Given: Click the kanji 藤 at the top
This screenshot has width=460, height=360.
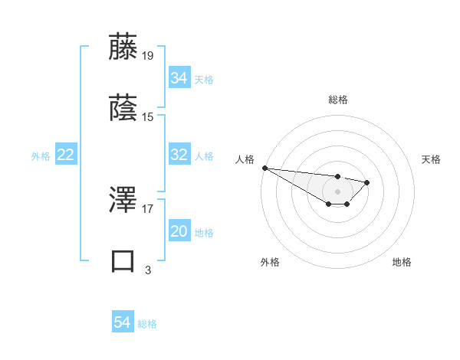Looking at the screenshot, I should coord(124,47).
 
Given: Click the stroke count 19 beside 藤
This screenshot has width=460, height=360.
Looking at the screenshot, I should coord(149,56).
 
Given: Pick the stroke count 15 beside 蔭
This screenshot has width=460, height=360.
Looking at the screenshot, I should coord(149,116).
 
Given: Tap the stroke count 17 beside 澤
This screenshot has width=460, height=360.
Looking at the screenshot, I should coord(149,208).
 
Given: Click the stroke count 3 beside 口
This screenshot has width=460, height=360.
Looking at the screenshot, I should coord(148,269).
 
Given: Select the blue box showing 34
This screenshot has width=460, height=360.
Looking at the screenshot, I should coord(179,78).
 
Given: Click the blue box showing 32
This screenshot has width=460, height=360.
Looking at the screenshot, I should coord(179,155).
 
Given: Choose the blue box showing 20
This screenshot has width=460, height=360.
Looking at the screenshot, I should coord(179,232).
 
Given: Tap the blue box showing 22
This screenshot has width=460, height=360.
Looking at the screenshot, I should coord(65,155).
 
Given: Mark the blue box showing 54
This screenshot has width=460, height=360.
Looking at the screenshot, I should coord(122,322).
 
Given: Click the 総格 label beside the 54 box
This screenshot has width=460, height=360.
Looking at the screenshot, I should coord(147,324).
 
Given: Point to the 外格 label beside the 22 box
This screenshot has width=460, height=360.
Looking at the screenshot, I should coord(41,156).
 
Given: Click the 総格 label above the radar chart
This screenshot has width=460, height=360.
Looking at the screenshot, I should coord(337,100).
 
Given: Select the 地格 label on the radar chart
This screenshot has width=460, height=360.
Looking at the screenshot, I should coord(402,262).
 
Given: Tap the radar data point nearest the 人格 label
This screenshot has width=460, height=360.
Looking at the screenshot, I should coord(264,168).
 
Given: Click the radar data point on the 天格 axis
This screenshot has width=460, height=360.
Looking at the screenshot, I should coord(367,182).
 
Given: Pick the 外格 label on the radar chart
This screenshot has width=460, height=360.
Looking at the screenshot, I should coord(270,262).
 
